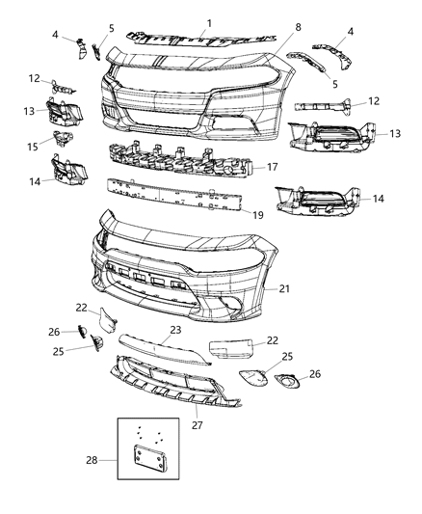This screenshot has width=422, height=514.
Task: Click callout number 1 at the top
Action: tap(210, 20)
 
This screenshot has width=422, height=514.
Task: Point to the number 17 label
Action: tap(272, 165)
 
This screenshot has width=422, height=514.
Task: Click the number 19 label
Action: tap(257, 215)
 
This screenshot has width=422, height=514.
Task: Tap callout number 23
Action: tap(174, 330)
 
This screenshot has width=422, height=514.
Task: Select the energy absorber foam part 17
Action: tap(183, 159)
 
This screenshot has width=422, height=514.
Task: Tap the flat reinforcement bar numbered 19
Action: tap(173, 196)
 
